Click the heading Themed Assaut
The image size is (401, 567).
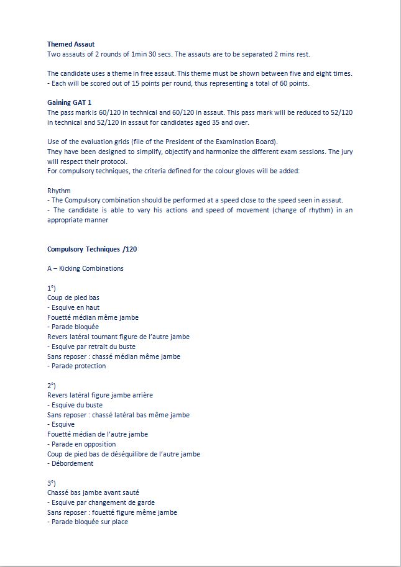point(71,44)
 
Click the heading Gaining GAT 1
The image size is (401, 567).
point(70,102)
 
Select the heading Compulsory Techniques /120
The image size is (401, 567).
point(92,249)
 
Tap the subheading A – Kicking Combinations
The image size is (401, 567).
point(85,268)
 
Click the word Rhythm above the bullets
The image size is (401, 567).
point(59,191)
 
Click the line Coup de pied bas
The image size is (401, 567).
point(73,297)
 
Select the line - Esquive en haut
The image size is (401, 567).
point(73,307)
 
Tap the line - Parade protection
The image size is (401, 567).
point(76,366)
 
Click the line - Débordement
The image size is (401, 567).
point(70,463)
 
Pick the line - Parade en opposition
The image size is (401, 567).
point(81,444)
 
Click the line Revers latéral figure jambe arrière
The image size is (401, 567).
point(100,395)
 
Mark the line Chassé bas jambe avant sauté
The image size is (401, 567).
point(93,492)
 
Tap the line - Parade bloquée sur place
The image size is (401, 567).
point(88,522)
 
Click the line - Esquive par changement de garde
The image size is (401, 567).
point(101,502)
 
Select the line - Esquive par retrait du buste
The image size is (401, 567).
point(91,347)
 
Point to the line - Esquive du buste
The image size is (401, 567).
point(75,405)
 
